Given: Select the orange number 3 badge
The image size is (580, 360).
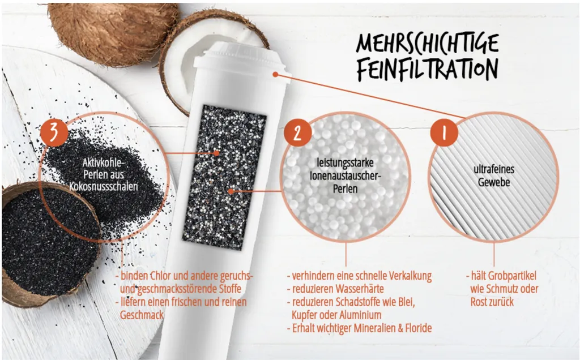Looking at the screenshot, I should pos(54,131).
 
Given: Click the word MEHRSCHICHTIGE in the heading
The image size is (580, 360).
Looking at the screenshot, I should pos(428,44).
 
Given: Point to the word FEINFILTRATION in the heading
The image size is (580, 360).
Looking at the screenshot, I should pos(428,68).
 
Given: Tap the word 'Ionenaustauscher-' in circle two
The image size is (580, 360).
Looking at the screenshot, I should pos(345,175).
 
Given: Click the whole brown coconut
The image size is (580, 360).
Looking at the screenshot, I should pos(113,25).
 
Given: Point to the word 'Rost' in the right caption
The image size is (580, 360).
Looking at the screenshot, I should pos(481,302).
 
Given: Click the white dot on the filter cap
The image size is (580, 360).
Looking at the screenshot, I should pos(274,74).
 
